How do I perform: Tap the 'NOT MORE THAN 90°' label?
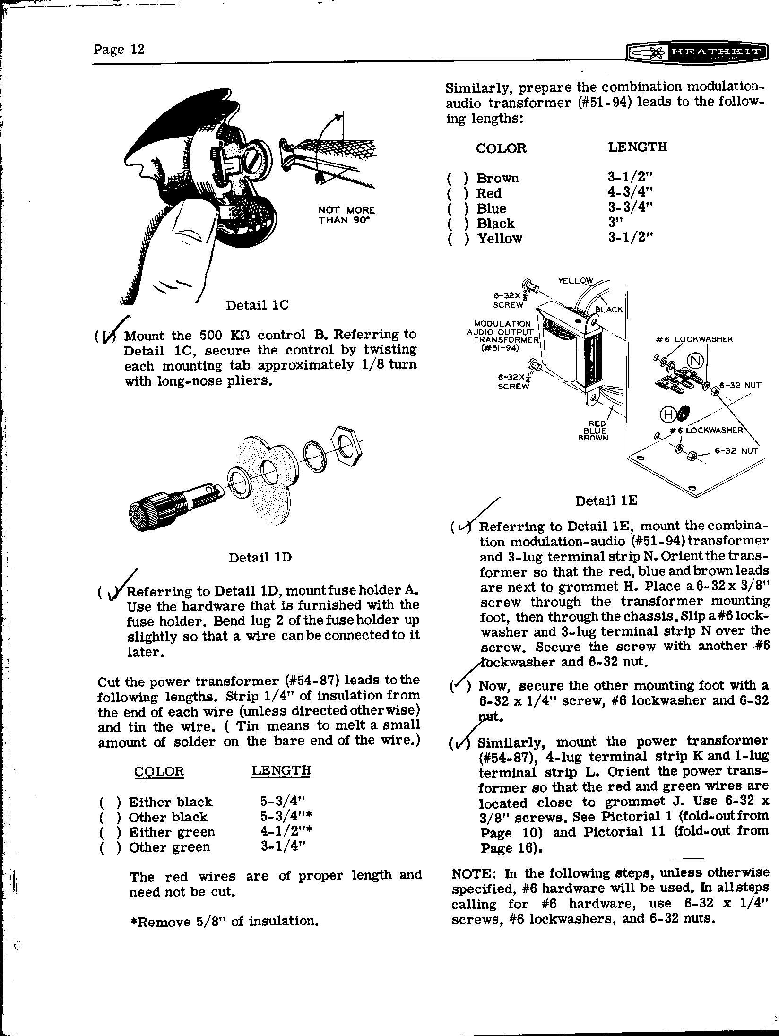point(346,215)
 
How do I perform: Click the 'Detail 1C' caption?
point(257,305)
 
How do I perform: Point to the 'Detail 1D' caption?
point(260,558)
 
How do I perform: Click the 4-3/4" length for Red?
point(630,193)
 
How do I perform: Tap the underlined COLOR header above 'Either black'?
point(159,771)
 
